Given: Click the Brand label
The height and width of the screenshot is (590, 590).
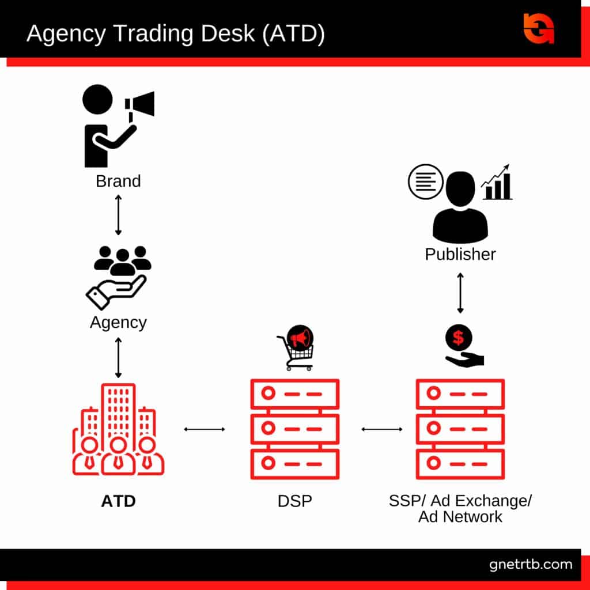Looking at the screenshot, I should [118, 181].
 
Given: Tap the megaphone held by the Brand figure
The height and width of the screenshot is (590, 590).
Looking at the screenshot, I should [140, 104].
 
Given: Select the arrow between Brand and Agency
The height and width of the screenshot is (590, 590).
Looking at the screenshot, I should [118, 214].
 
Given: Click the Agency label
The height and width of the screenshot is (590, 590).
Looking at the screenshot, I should [118, 322].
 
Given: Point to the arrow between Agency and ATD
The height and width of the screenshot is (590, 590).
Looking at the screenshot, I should [118, 357].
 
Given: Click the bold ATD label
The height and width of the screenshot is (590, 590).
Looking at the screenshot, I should [118, 501].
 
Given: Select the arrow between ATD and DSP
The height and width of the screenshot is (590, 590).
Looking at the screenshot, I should [204, 429].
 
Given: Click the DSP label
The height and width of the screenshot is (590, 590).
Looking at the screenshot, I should [294, 501].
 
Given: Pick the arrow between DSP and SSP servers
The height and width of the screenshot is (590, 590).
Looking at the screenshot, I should [381, 429].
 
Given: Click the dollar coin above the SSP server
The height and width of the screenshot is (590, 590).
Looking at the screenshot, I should [459, 337].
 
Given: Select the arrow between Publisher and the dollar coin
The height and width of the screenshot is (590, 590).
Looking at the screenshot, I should [460, 293].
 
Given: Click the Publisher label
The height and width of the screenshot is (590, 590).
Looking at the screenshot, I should [460, 254].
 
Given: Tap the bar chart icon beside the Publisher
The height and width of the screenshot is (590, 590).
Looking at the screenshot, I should [497, 183].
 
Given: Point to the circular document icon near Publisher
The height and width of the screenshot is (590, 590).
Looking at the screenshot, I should [425, 181].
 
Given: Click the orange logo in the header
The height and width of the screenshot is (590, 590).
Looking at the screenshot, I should [538, 27].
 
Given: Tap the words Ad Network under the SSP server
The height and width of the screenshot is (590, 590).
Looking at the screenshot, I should [460, 516].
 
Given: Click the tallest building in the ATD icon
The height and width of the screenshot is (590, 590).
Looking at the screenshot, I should [118, 409].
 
